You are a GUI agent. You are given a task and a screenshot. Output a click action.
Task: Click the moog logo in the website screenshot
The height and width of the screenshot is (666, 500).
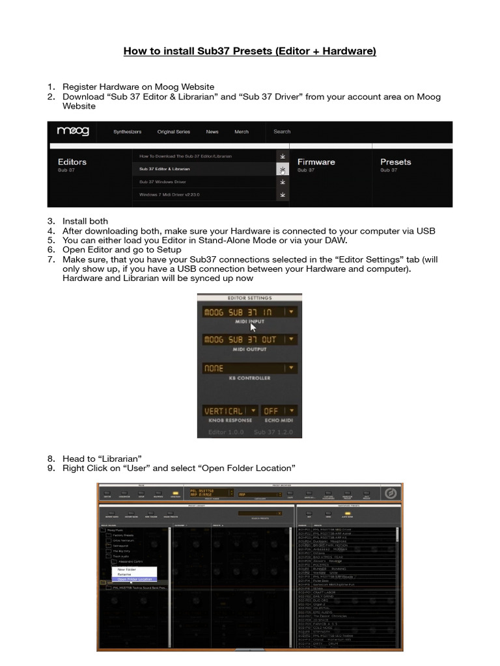(x=73, y=132)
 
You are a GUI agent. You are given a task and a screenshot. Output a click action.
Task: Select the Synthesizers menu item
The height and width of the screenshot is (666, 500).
(x=128, y=132)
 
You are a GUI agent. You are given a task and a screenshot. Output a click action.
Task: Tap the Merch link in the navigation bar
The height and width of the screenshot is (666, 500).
(x=242, y=132)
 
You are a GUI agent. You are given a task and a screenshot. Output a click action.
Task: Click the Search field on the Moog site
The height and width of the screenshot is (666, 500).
(x=282, y=131)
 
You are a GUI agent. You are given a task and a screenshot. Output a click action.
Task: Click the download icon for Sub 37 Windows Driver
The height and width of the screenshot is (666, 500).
(x=282, y=182)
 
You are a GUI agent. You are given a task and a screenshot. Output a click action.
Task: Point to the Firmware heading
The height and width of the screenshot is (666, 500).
(x=316, y=162)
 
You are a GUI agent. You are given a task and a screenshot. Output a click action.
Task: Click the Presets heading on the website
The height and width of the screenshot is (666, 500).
(x=395, y=162)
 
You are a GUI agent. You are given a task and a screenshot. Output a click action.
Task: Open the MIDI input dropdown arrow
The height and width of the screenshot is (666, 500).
(x=291, y=312)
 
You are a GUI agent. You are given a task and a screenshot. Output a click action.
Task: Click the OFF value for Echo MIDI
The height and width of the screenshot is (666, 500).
(x=271, y=411)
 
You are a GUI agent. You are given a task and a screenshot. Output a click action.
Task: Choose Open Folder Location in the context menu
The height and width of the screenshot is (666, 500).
(x=135, y=579)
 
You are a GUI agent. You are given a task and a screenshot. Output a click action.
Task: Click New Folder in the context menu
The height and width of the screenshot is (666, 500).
(x=126, y=568)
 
